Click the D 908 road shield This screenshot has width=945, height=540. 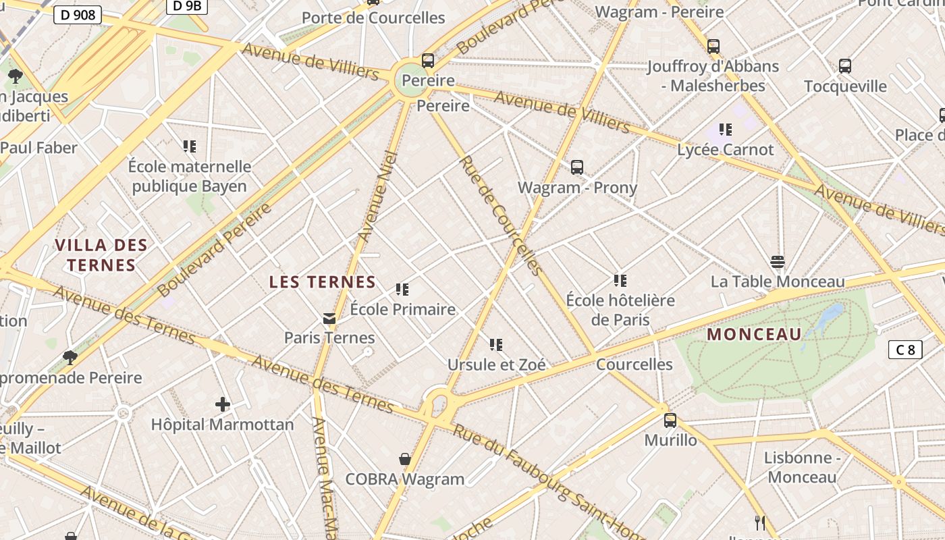tap(78, 15)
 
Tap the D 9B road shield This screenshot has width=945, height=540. tap(186, 6)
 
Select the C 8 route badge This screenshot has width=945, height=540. tap(905, 350)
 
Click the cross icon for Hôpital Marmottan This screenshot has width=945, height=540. tap(223, 404)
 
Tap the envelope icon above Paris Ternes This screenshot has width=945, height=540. tap(329, 318)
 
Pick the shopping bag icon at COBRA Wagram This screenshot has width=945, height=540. tap(405, 459)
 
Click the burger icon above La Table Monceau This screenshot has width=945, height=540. tap(778, 261)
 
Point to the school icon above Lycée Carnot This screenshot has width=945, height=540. tap(726, 129)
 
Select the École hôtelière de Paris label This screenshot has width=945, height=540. tap(620, 310)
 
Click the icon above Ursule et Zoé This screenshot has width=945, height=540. tap(496, 345)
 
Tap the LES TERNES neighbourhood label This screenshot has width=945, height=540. tap(323, 282)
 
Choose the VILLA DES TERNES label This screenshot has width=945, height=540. tap(101, 254)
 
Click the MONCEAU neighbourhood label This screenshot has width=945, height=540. tap(754, 334)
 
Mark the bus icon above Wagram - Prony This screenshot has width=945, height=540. tap(577, 167)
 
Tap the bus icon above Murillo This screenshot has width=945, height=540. tap(670, 420)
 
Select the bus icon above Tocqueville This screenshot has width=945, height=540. tap(845, 66)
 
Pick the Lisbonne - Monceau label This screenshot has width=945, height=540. tap(802, 467)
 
